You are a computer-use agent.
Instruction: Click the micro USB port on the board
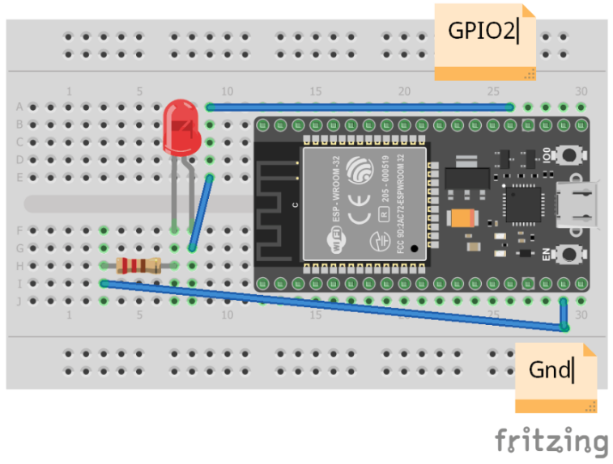tap(578, 203)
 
